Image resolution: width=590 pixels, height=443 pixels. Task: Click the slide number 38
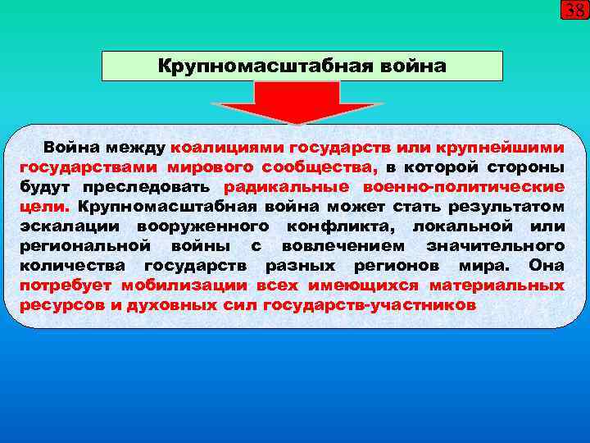pyautogui.click(x=574, y=11)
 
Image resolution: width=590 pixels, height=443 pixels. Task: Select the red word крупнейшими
pyautogui.click(x=507, y=148)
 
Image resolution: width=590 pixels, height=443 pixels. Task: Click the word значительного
pyautogui.click(x=495, y=246)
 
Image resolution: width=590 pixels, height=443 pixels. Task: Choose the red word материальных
pyautogui.click(x=501, y=285)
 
